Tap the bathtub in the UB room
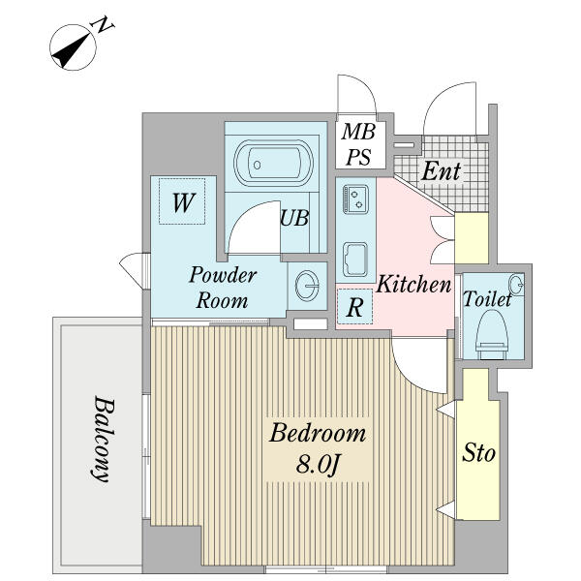click(x=273, y=164)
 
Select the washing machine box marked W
click(x=182, y=201)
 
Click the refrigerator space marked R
click(x=354, y=306)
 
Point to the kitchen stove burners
click(x=355, y=199)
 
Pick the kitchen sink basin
click(x=355, y=260)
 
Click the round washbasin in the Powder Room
click(x=307, y=286)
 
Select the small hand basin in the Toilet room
click(x=516, y=285)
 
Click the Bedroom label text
click(x=318, y=433)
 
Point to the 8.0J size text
click(x=318, y=464)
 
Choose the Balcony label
click(x=102, y=439)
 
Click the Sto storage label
click(x=478, y=452)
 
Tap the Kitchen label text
click(x=413, y=284)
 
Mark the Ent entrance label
click(x=441, y=171)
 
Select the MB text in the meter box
click(x=358, y=132)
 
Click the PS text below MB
click(x=358, y=157)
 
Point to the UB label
click(x=294, y=218)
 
